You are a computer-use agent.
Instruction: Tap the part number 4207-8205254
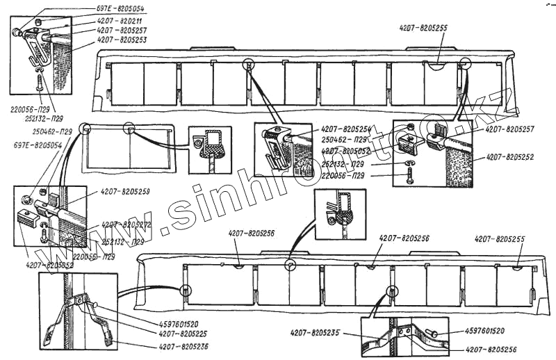347,129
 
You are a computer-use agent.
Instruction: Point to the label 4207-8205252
509,157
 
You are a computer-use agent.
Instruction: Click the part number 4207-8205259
126,190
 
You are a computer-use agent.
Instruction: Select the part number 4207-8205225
183,333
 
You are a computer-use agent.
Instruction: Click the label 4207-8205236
183,345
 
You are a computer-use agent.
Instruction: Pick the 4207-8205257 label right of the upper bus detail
511,129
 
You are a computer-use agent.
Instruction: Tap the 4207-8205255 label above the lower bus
500,238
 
